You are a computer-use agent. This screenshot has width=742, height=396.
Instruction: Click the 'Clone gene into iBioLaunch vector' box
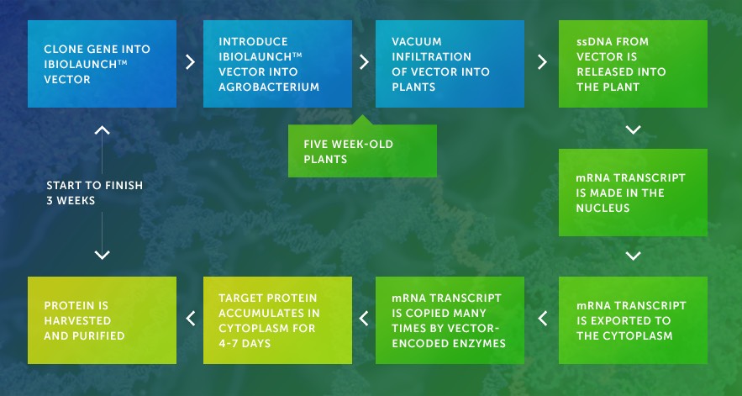102,63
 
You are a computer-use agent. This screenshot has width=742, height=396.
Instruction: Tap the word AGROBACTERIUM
269,87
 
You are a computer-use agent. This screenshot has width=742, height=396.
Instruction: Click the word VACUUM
410,42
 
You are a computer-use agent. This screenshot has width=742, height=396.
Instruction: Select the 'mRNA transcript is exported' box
633,320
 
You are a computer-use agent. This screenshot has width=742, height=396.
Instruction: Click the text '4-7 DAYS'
245,343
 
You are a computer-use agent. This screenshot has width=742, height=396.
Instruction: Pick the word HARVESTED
77,320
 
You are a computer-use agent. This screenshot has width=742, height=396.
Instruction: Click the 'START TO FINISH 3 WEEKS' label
95,193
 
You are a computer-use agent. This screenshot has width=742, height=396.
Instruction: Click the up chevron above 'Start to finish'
102,130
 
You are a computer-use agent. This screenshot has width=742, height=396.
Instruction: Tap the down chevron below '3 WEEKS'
102,255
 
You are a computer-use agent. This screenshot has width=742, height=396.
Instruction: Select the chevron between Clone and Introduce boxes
190,62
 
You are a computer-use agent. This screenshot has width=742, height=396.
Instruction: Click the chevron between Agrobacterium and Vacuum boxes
364,62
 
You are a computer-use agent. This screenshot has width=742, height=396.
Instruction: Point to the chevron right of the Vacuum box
542,62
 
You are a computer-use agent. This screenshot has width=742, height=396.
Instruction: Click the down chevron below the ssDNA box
633,129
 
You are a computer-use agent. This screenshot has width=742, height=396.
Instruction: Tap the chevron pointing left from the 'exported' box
542,319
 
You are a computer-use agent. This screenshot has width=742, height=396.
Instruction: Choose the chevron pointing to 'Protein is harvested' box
190,319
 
